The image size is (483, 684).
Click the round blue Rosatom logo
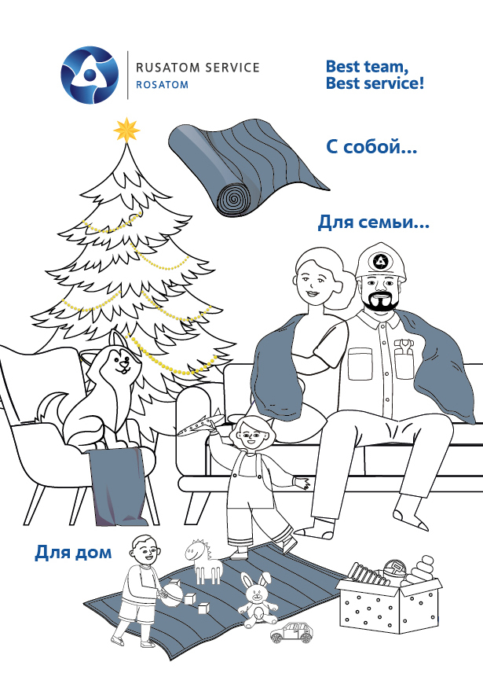90,75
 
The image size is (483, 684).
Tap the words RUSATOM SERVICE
197,67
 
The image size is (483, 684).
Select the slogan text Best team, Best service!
375,75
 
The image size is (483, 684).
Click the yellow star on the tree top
126,130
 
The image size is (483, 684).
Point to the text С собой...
371,147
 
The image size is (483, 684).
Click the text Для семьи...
374,222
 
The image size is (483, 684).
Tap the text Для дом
73,552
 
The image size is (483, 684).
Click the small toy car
291,632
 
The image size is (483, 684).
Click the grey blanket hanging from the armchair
118,486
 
